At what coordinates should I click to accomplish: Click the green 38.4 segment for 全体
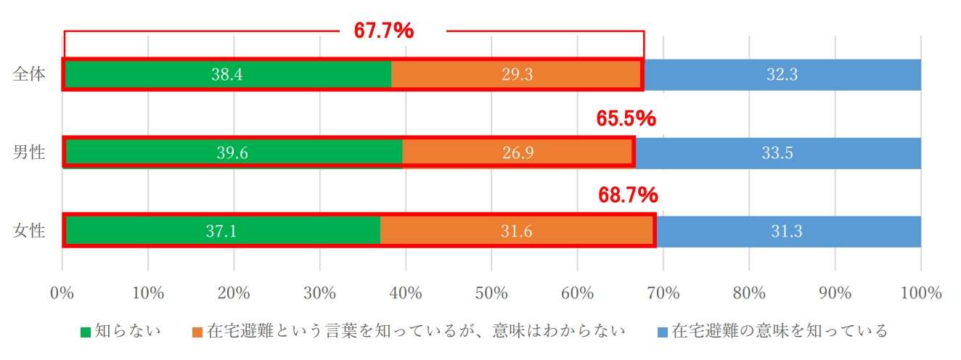click(x=227, y=75)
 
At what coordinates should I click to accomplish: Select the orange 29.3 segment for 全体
click(x=517, y=75)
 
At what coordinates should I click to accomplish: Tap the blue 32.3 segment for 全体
click(x=782, y=75)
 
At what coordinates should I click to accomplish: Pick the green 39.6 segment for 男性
click(x=233, y=152)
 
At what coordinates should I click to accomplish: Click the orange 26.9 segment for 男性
click(x=518, y=152)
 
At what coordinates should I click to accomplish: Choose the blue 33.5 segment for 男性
click(x=778, y=152)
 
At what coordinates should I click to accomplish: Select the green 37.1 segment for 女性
click(x=222, y=231)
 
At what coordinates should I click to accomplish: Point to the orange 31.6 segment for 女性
click(x=518, y=231)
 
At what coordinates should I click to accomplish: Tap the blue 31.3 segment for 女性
click(x=788, y=231)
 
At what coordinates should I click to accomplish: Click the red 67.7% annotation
click(x=383, y=30)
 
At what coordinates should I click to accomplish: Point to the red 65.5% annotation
click(x=626, y=119)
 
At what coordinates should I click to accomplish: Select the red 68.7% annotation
click(x=628, y=195)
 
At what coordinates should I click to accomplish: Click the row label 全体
click(x=29, y=75)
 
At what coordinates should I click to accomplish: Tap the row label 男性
click(x=29, y=152)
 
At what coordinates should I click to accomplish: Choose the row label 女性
click(x=29, y=231)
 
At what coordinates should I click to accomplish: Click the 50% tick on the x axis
click(x=491, y=293)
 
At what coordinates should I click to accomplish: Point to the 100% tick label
click(x=920, y=293)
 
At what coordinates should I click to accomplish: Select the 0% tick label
click(x=62, y=293)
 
